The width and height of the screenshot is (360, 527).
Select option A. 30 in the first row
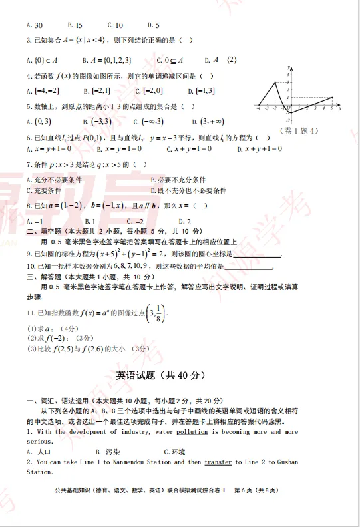coord(31,25)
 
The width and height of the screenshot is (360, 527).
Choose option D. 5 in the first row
coord(154,25)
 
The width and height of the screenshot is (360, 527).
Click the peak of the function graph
coord(276,82)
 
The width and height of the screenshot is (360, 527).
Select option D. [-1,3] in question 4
coord(201,91)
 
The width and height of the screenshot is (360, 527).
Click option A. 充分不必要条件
coord(54,180)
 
